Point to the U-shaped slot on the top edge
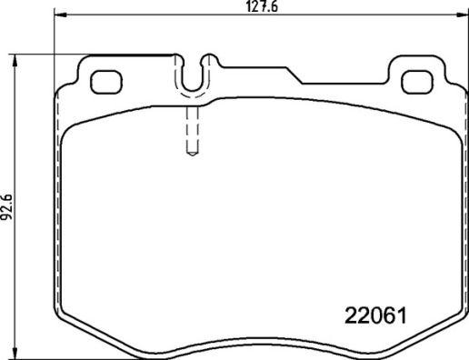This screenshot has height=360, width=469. click(192, 77)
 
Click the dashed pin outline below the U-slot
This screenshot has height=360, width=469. click(192, 132)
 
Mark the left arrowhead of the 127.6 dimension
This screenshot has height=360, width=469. click(57, 15)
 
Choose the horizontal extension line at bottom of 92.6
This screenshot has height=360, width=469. click(55, 356)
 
